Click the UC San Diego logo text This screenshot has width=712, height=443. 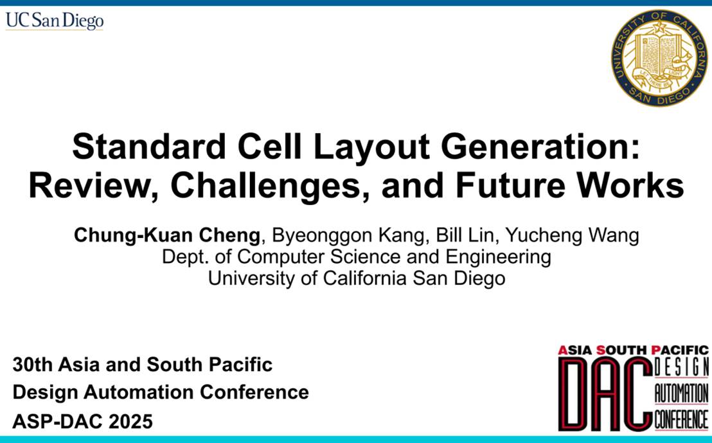[x=55, y=21]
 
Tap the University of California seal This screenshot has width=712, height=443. [x=659, y=58]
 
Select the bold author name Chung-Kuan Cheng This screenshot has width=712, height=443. [x=167, y=236]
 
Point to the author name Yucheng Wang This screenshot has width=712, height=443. [x=572, y=236]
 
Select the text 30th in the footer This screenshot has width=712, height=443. [x=33, y=365]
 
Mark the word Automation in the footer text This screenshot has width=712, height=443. [x=139, y=392]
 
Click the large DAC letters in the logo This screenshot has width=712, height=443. [x=606, y=393]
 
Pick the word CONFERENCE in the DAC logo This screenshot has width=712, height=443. [x=681, y=419]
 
